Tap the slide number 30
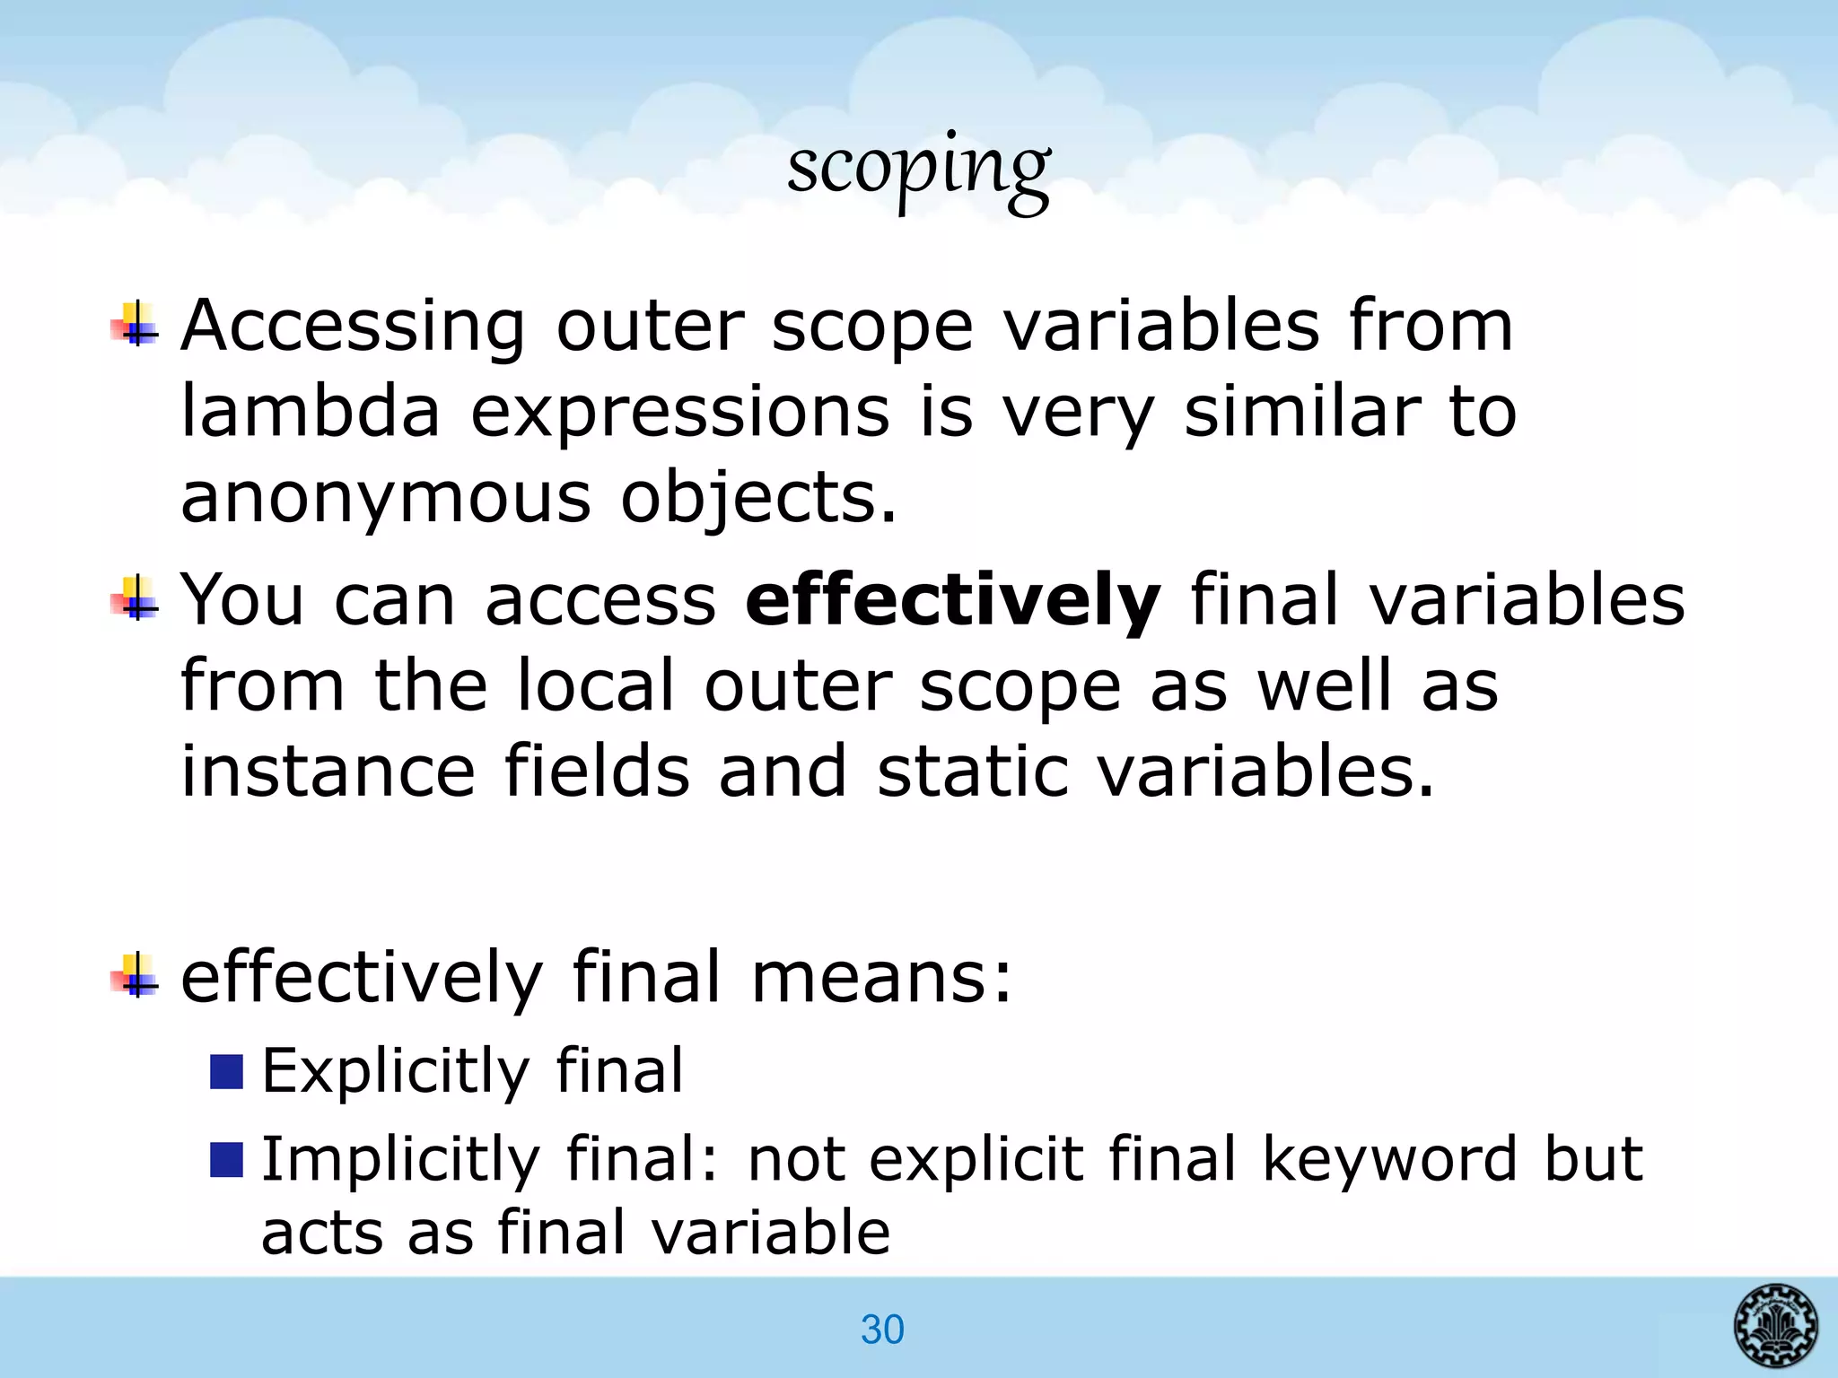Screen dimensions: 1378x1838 pyautogui.click(x=882, y=1330)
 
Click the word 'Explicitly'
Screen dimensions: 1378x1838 pyautogui.click(x=396, y=1071)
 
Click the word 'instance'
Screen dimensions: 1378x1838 pyautogui.click(x=328, y=771)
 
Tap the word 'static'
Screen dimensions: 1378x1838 pyautogui.click(x=972, y=771)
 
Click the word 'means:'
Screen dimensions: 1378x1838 pyautogui.click(x=881, y=977)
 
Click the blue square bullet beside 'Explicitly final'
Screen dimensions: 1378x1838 pyautogui.click(x=227, y=1072)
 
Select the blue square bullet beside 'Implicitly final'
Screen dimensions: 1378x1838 pyautogui.click(x=227, y=1159)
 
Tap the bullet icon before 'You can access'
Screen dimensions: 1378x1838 pyautogui.click(x=135, y=598)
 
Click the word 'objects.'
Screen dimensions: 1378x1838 pyautogui.click(x=758, y=498)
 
